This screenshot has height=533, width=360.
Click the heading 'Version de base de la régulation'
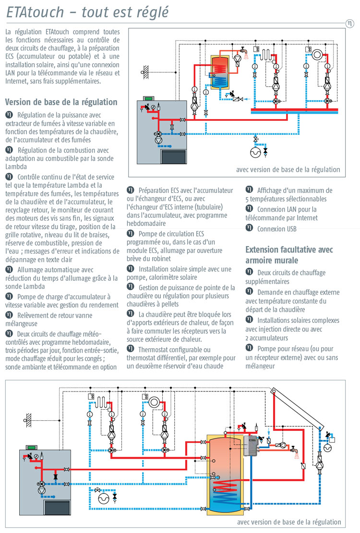(61, 102)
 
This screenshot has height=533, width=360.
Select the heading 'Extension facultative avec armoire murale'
(289, 255)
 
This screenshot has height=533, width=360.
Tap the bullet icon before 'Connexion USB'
(249, 228)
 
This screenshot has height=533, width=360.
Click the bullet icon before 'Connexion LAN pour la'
(249, 209)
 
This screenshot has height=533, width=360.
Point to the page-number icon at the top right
(349, 24)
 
